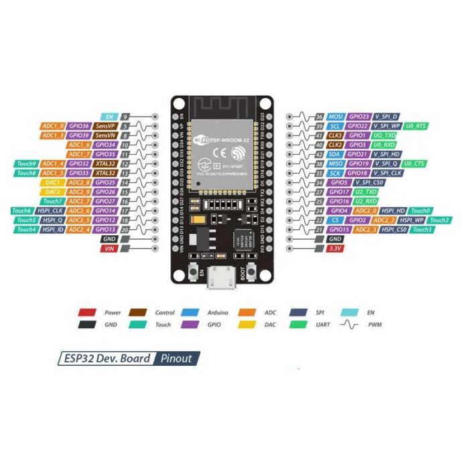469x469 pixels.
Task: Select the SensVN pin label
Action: click(104, 135)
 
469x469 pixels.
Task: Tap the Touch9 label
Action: click(26, 163)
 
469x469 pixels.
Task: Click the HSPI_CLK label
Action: click(52, 210)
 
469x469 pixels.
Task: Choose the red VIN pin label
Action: click(109, 248)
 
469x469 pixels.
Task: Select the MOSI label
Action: click(336, 117)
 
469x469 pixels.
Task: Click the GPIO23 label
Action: click(359, 117)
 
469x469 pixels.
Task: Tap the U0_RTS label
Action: click(416, 126)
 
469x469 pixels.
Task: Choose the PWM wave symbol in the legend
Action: click(350, 325)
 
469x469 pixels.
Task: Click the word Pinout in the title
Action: click(177, 358)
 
